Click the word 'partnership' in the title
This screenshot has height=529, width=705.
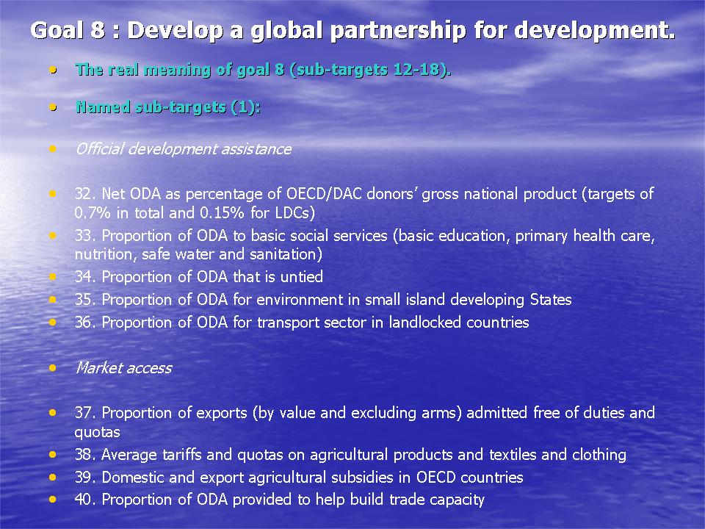tap(398, 31)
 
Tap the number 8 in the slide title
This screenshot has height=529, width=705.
tap(98, 30)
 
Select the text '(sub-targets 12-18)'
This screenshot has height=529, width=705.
tap(370, 70)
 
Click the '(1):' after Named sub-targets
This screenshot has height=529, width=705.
tap(245, 107)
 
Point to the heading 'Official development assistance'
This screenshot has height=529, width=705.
tap(184, 149)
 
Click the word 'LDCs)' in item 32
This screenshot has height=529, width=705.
tap(294, 213)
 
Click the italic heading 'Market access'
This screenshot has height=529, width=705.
tap(123, 368)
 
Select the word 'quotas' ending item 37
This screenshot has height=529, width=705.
tap(97, 433)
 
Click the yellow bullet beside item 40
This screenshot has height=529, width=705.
tap(53, 500)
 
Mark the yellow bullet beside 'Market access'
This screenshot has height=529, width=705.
tap(53, 368)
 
